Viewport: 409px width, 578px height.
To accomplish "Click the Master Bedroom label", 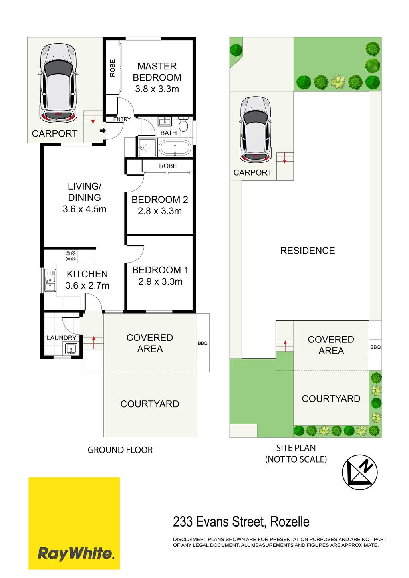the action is [157, 72].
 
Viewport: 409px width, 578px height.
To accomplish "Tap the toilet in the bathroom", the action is [183, 124].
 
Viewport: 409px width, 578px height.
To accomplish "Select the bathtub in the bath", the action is [175, 148].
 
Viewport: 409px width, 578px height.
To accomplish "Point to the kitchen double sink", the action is [50, 281].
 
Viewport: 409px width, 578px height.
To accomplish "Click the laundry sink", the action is [70, 349].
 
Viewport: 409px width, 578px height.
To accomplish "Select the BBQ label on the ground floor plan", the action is [203, 343].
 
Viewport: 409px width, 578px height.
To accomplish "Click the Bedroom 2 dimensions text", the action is [160, 211].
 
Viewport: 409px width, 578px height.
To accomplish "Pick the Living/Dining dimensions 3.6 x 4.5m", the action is [84, 209].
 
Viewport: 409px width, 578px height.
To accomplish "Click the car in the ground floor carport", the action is [58, 83].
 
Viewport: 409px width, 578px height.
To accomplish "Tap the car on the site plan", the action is [256, 130].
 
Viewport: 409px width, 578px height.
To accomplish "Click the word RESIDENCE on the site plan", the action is [307, 251].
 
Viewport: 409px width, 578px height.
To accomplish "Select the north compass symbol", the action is [360, 472].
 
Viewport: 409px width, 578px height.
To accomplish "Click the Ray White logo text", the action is [75, 554].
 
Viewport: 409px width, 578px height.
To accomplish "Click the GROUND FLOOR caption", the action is [120, 450].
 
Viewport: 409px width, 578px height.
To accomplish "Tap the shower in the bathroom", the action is [147, 148].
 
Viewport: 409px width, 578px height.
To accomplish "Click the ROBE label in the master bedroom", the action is [112, 68].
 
